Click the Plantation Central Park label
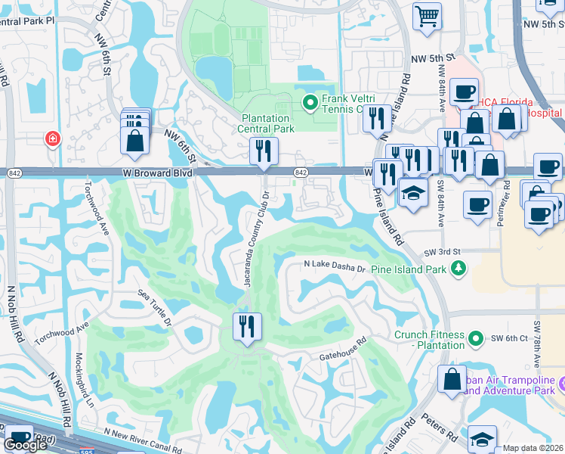coord(266,123)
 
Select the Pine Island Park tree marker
coord(457,268)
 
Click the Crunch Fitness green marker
coord(475,338)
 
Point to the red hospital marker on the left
coord(52,139)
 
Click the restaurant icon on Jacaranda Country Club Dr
coord(247,327)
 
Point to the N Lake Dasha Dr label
coord(335,266)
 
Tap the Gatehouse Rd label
coord(342,343)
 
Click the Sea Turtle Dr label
coord(155,306)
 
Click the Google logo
coord(25,445)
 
